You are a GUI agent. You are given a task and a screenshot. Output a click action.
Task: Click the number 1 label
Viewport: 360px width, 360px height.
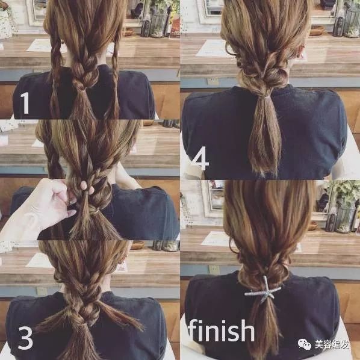click(25, 103)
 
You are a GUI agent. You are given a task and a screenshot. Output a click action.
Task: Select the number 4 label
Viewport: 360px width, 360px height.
click(200, 158)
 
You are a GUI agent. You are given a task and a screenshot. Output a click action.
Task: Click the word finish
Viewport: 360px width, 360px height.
click(222, 330)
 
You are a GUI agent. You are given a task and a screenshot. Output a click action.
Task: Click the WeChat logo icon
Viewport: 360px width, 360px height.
click(305, 344)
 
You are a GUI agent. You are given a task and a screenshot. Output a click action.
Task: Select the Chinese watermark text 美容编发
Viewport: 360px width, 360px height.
click(332, 344)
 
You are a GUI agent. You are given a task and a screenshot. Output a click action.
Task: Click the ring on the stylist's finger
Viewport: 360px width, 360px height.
click(72, 202)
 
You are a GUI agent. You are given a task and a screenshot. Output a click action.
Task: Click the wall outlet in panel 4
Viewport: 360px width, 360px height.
click(213, 81)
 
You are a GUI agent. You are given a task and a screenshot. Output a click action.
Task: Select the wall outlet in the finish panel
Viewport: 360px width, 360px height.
click(214, 270)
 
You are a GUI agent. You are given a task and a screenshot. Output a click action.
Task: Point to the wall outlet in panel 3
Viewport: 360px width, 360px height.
click(42, 291)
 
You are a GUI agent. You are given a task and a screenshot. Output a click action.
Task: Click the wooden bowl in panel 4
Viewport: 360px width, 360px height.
click(317, 31)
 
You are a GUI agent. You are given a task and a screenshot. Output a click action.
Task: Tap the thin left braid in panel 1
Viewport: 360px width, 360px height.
click(55, 73)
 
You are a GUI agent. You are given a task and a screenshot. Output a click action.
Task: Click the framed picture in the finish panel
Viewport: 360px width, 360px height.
click(214, 199)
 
